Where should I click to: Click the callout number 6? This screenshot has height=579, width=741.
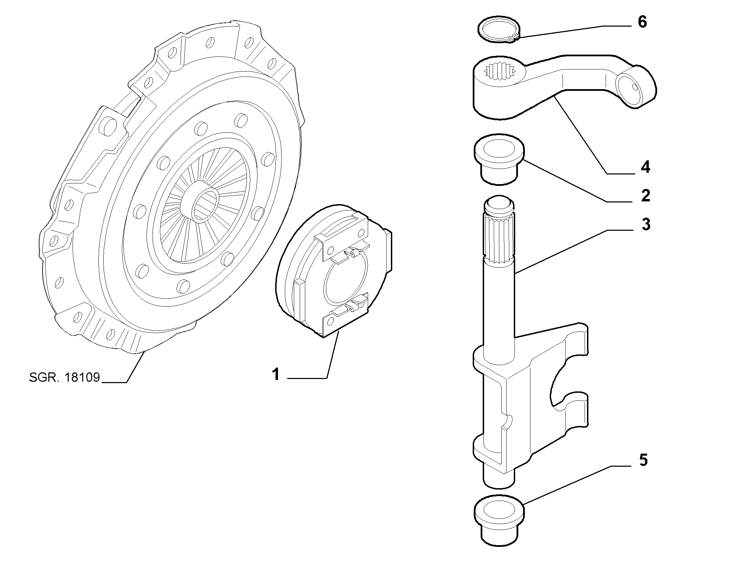pos(642,22)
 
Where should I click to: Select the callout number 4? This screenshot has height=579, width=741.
pos(645,168)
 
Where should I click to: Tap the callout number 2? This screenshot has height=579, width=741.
pos(645,196)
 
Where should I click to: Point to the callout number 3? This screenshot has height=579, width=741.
pos(646,224)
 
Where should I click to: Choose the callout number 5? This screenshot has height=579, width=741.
pos(643,460)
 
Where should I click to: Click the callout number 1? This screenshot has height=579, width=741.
pos(276,374)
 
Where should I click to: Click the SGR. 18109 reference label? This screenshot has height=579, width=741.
pos(65,378)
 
